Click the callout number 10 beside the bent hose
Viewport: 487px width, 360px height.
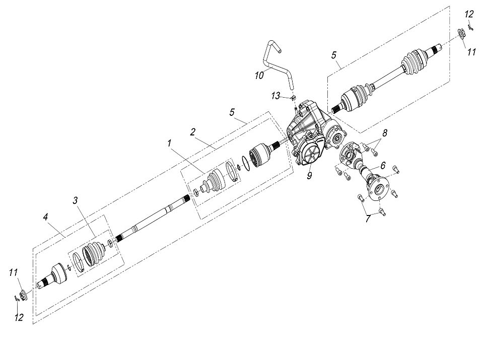[x=259, y=75]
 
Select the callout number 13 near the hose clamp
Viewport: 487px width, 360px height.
[x=275, y=96]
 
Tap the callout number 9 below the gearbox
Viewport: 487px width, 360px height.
[x=309, y=176]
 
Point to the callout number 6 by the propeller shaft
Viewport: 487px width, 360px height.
[x=383, y=166]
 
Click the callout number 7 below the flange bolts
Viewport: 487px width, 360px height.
[x=368, y=219]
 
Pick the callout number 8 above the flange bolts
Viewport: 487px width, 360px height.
[x=385, y=133]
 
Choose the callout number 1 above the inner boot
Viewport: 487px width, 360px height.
[x=169, y=143]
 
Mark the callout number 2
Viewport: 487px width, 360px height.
[x=192, y=132]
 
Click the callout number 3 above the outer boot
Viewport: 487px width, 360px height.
[x=75, y=200]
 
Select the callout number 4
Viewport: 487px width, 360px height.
[x=46, y=217]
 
